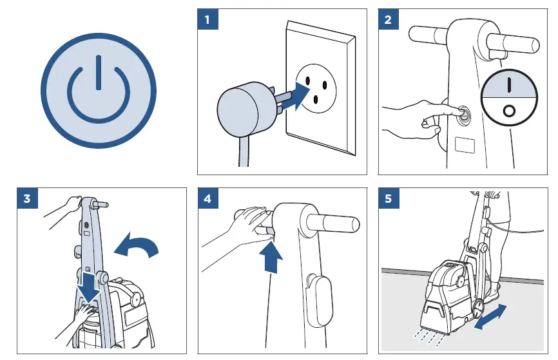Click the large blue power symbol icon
[x=99, y=90]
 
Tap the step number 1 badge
[x=207, y=19]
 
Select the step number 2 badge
[x=389, y=19]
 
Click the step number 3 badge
[x=28, y=198]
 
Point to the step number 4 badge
[x=208, y=198]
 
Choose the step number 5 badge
[x=389, y=198]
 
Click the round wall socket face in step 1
[x=316, y=88]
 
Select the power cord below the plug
[x=244, y=151]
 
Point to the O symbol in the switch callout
[x=509, y=111]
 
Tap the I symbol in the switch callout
[x=509, y=84]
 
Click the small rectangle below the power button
[x=465, y=145]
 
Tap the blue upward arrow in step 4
[x=271, y=258]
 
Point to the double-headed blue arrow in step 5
[x=491, y=317]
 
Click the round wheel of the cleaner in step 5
[x=478, y=308]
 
